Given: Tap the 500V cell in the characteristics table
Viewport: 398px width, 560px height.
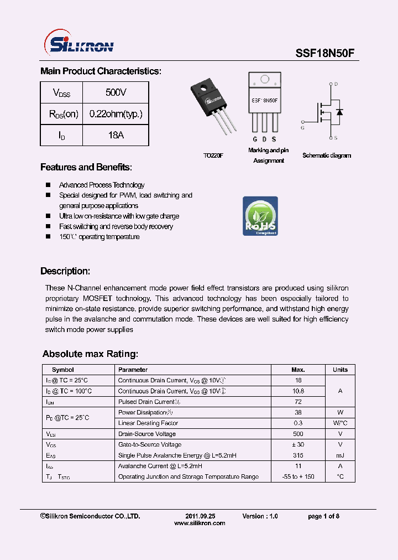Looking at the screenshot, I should (116, 92).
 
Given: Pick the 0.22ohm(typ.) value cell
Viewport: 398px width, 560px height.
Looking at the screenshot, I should (116, 114).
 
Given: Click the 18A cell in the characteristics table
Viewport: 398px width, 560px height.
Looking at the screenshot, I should (116, 135).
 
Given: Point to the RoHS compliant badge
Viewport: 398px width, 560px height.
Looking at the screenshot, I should (260, 216).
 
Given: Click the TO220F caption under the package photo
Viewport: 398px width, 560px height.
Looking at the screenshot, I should (213, 155).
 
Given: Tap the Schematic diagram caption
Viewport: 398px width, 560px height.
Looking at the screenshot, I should (326, 155).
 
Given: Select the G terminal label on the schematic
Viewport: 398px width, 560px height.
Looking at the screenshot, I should (302, 128).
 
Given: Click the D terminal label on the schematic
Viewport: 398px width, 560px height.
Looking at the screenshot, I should (336, 84).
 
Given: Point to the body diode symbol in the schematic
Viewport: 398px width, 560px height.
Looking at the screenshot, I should (339, 112).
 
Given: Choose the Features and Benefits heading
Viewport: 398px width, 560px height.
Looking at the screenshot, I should (86, 167).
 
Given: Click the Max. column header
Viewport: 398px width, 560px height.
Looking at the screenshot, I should (298, 370).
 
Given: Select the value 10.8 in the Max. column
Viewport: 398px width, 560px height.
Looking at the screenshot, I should (298, 391).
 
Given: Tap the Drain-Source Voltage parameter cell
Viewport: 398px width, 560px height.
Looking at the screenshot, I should (147, 434).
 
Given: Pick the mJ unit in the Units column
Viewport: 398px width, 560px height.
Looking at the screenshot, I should (340, 455).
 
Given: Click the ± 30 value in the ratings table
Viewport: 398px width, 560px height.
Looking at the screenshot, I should (298, 444).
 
